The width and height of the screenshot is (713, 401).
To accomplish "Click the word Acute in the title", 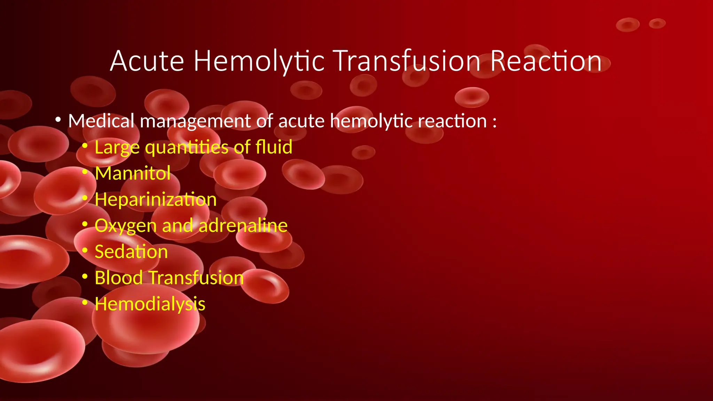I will point(147,61).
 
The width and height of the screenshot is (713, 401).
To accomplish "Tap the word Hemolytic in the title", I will point(259,61).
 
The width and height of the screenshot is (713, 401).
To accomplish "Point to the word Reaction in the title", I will point(546,61).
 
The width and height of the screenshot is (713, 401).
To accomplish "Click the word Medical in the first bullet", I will point(101,121).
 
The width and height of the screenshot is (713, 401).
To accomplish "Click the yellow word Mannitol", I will point(133,173).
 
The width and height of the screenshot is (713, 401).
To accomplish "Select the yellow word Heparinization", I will point(156,200).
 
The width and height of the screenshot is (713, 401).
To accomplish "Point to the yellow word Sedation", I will point(131,252).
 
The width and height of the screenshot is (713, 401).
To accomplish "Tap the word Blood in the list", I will point(119,278).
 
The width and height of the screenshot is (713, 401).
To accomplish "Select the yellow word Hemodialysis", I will point(150,304).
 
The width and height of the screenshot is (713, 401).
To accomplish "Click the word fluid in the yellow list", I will point(274,147).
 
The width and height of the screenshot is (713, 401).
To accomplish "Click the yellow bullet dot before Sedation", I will point(85,250).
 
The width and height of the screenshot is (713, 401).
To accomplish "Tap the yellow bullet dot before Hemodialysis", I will point(85,302).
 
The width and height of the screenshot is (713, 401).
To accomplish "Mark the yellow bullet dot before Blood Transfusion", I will point(85,276).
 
